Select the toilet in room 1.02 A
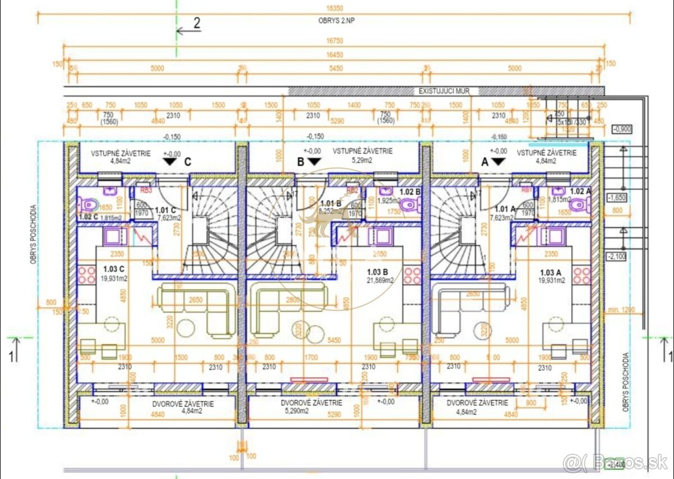point(577,206)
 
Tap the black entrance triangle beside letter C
point(170,162)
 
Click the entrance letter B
point(300,161)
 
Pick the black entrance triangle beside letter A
point(498,162)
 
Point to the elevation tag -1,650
point(617,198)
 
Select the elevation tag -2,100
point(617,256)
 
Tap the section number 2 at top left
point(197,23)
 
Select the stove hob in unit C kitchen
point(87,275)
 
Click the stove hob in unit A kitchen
point(581,275)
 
